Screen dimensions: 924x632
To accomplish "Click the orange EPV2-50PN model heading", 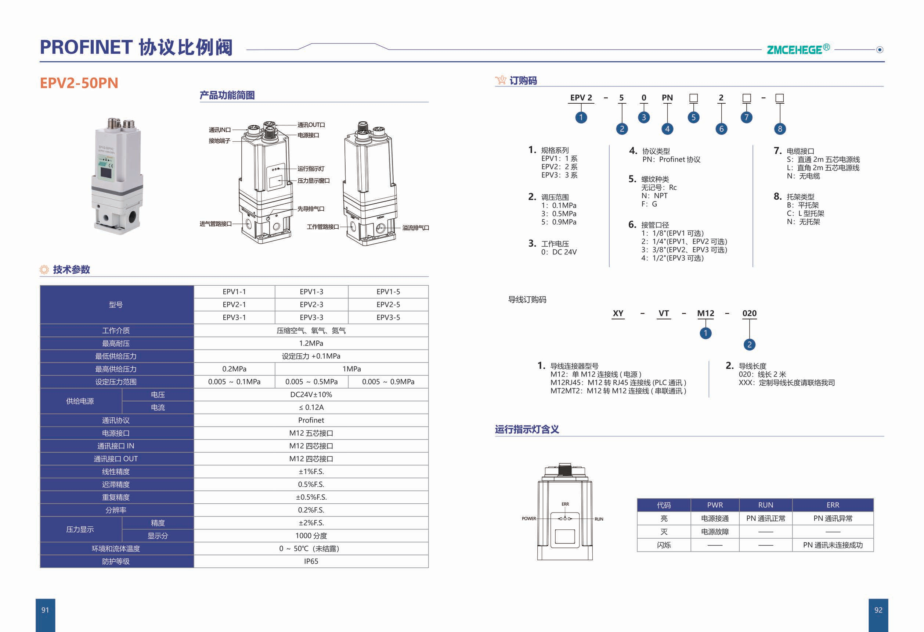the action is coord(79,83).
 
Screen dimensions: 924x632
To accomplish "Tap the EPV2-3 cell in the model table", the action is coord(311,304).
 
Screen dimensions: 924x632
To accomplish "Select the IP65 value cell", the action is coord(311,561).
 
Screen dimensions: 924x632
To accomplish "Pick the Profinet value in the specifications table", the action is coord(311,420).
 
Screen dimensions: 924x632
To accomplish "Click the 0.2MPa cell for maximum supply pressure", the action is coord(234,369).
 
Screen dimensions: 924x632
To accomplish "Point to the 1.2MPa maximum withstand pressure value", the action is coord(311,343).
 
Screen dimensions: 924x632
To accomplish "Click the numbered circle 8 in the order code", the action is coord(780,129).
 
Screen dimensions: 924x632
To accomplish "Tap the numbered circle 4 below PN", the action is coord(667,129).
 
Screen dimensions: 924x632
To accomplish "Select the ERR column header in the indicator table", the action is coord(833,505).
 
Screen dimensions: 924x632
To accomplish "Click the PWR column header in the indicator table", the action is coord(715,505).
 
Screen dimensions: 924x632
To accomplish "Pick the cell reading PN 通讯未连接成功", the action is coord(833,545).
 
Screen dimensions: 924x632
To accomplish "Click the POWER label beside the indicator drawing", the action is coord(529,518).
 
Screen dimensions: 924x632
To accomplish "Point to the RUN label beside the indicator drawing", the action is coord(599,519).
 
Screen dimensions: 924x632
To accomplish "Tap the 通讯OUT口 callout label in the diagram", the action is coord(311,125).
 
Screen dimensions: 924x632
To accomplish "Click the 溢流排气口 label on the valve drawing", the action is coord(415,228).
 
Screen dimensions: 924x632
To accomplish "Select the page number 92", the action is coord(878,610).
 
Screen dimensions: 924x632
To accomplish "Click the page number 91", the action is coord(45,610).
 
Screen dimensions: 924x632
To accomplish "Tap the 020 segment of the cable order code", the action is coord(750,313).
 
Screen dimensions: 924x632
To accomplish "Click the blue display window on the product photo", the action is coord(106,172).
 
